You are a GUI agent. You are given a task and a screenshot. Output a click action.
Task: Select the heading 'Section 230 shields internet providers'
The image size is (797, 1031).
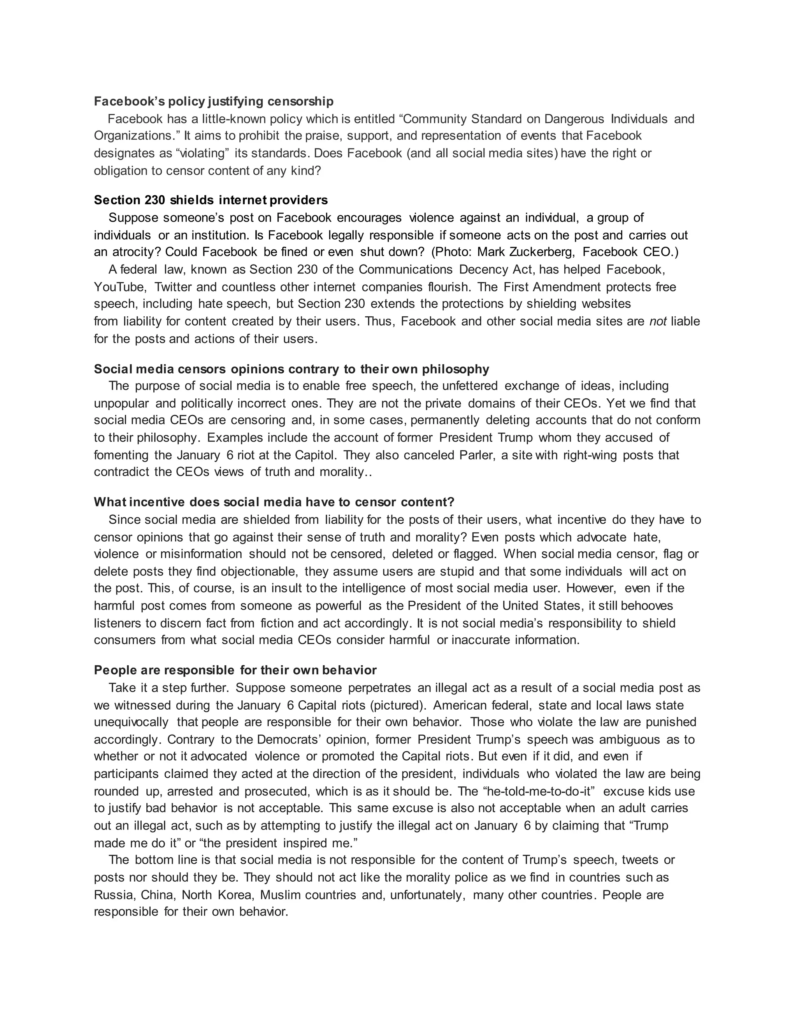211,200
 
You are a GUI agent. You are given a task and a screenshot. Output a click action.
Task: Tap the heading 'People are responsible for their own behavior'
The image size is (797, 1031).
235,670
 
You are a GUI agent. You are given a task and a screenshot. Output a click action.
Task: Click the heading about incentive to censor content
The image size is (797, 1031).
274,501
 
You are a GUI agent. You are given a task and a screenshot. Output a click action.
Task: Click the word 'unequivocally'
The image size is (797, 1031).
131,722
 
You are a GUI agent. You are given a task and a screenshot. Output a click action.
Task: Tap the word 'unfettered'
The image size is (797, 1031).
470,386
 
